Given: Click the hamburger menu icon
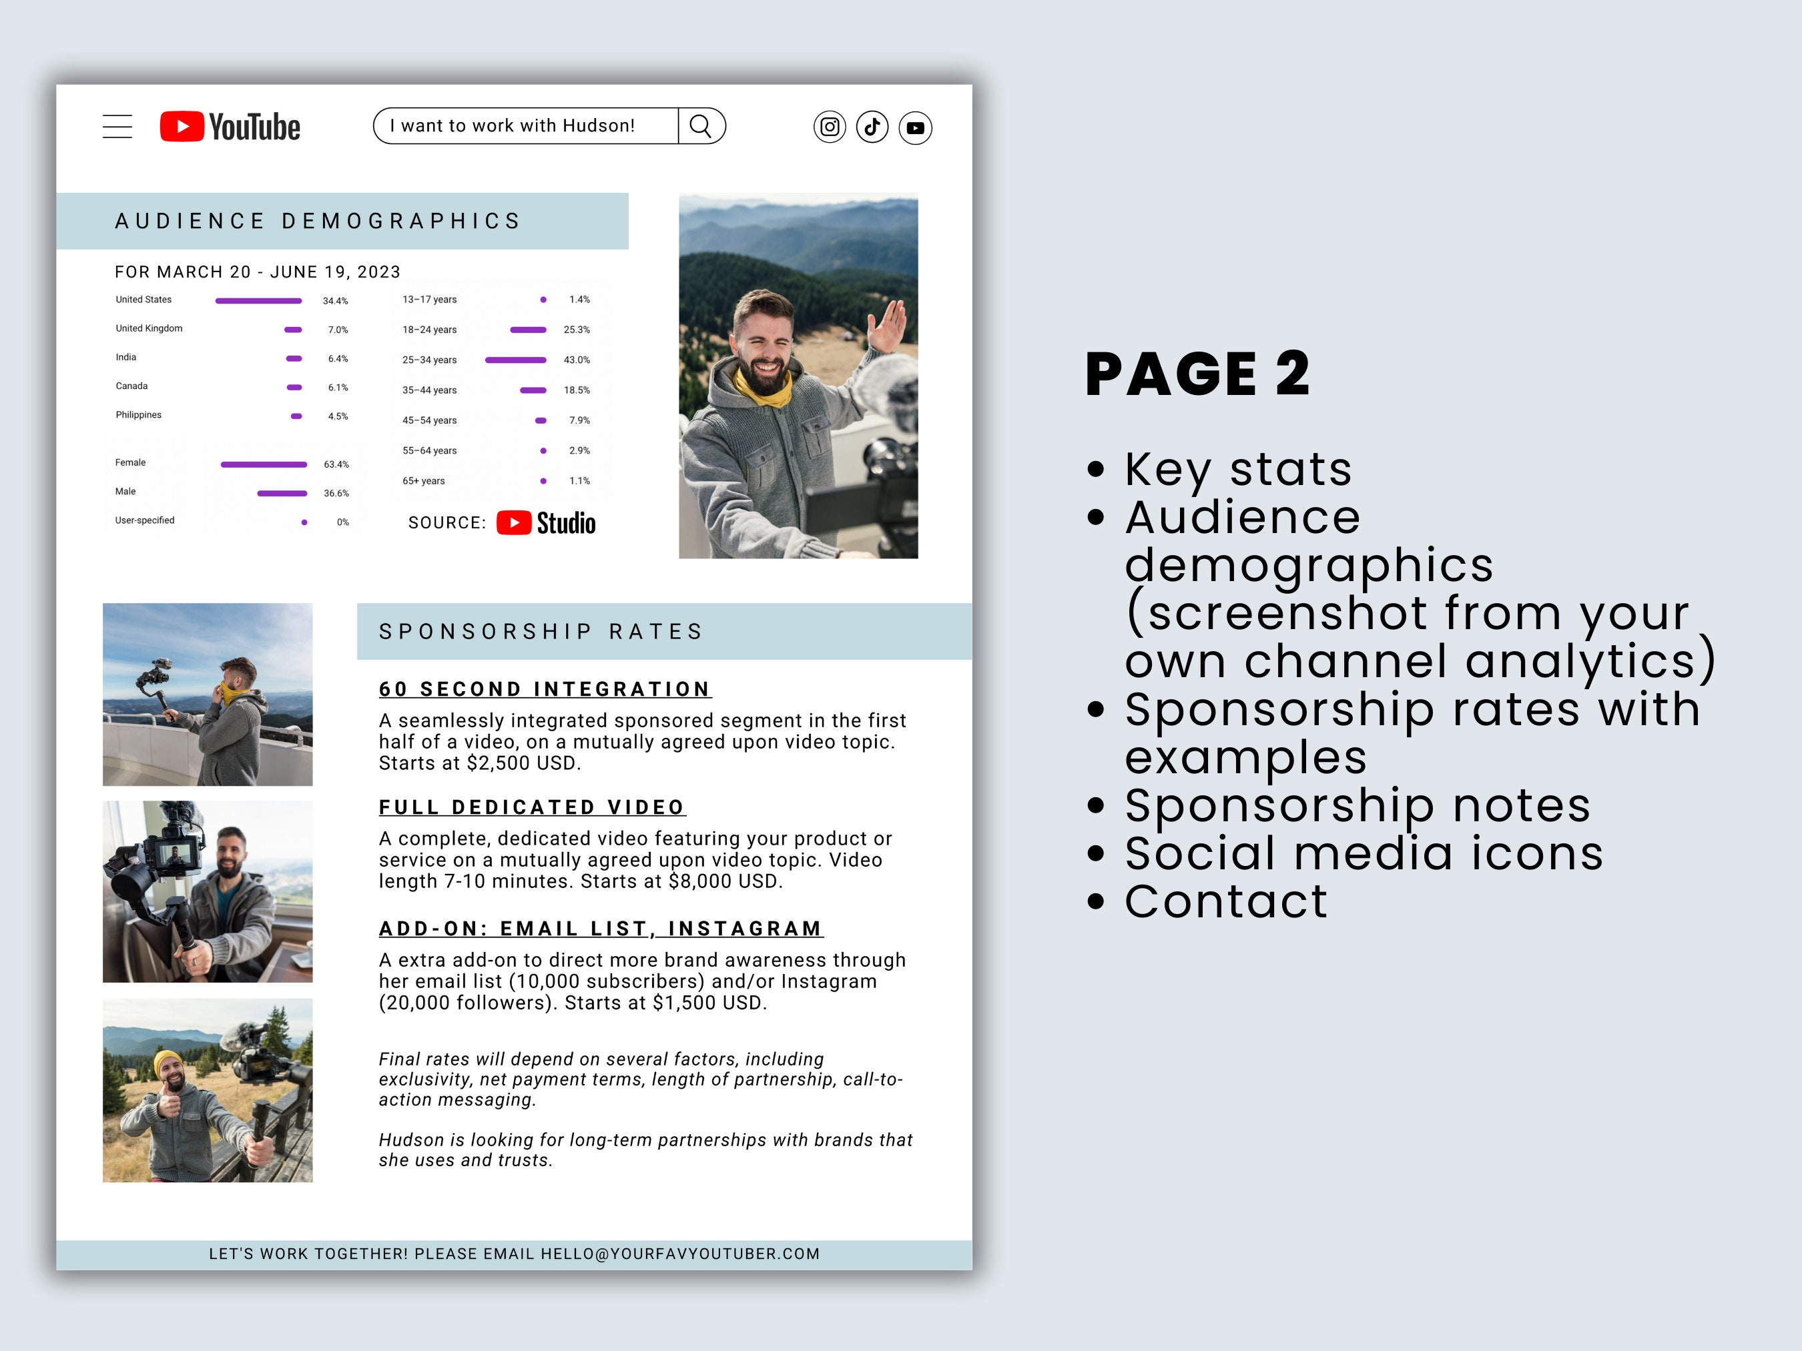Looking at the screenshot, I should coord(117,126).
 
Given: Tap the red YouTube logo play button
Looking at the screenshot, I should coord(182,126).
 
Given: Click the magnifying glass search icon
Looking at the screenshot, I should coord(701,126).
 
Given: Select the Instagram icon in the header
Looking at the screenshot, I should coord(830,127).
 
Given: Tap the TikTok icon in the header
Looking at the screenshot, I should coord(872,127).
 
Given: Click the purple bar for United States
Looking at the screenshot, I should coord(258,300).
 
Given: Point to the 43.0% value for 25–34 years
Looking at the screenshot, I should coord(577,360).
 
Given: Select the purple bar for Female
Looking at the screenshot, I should coord(264,464).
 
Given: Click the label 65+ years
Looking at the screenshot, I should coord(424,481).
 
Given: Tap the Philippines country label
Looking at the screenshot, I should coord(139,416).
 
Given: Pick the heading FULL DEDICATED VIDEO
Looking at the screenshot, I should coord(532,807).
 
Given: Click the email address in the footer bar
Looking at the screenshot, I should coord(680,1254).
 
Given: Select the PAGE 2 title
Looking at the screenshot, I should coord(1197,374).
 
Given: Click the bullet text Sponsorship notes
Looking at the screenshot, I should coord(1358,805).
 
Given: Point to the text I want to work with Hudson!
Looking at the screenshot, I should coord(513,126).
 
